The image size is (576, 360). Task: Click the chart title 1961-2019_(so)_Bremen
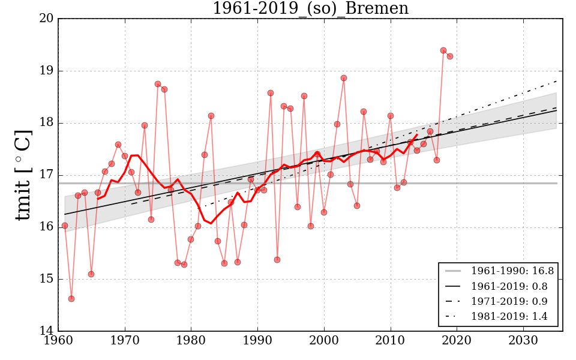(x=310, y=9)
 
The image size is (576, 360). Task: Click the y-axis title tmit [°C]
(x=23, y=175)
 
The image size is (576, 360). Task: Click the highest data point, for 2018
(x=443, y=50)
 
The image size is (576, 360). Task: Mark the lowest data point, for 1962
(x=71, y=299)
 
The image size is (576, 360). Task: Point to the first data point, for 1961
(x=65, y=226)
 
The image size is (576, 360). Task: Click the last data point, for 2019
(x=450, y=56)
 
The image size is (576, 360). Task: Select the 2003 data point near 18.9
(x=344, y=78)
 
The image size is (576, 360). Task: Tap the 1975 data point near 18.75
(x=158, y=84)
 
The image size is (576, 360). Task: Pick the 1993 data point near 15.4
(x=277, y=260)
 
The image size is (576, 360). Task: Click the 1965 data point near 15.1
(x=91, y=274)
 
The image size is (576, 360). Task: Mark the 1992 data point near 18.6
(x=271, y=93)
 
